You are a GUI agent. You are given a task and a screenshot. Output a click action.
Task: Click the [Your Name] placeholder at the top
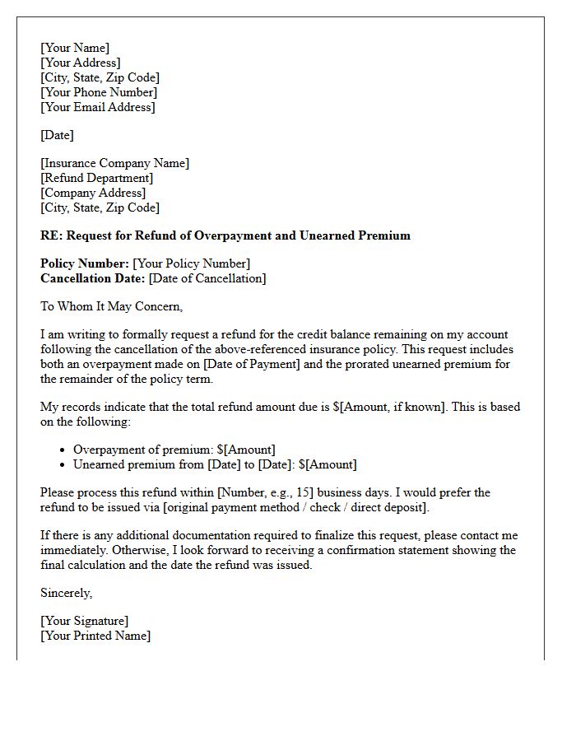[75, 48]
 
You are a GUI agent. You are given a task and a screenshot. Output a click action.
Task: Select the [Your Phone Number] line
[99, 92]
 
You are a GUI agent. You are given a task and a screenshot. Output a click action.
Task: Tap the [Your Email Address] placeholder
[98, 107]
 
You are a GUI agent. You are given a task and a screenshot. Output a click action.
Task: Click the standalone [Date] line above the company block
[57, 135]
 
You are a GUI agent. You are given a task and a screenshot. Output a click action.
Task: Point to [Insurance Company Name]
[114, 163]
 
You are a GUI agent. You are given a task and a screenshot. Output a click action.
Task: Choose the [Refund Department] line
[96, 178]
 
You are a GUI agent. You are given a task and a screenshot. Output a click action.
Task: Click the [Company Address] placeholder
[93, 193]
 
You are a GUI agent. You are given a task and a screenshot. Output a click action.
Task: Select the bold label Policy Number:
[85, 263]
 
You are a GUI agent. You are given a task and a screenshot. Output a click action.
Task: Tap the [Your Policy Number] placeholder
[192, 263]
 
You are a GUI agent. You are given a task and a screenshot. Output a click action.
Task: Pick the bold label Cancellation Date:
[93, 278]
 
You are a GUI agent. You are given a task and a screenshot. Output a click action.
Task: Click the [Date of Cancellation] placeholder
[207, 278]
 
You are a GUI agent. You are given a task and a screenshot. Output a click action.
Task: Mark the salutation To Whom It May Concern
[111, 306]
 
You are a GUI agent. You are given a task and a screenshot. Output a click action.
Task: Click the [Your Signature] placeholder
[84, 621]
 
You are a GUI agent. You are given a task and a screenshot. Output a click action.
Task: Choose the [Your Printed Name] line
[95, 636]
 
